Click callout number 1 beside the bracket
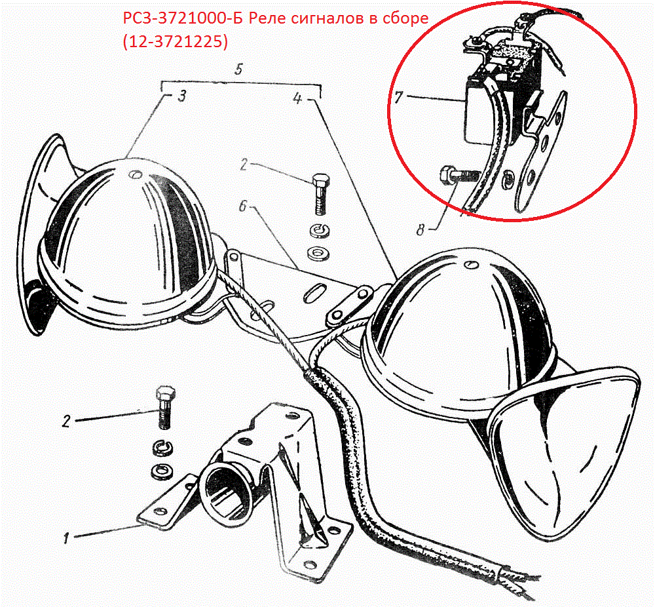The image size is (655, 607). [x=66, y=538]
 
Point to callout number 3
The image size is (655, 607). [x=181, y=96]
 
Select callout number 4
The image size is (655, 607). [x=297, y=99]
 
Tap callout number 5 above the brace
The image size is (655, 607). [x=238, y=69]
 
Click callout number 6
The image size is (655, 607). [x=243, y=206]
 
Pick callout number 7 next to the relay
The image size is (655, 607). [x=398, y=98]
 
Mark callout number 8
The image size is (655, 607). [x=421, y=229]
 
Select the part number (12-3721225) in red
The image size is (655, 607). [x=176, y=42]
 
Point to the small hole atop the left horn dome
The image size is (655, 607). [x=135, y=173]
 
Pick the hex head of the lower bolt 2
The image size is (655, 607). [x=166, y=395]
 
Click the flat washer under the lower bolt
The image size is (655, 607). [x=161, y=471]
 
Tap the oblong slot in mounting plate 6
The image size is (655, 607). [x=316, y=292]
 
